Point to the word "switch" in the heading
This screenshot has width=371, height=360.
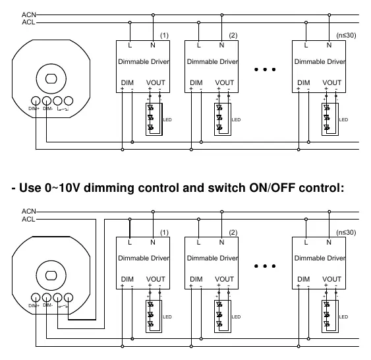click(227, 188)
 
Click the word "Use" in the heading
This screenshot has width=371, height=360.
click(30, 188)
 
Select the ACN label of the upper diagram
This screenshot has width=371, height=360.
click(29, 15)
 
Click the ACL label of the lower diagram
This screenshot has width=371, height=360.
click(28, 219)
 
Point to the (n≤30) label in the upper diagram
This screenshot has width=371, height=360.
click(346, 35)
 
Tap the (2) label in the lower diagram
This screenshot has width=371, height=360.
click(233, 233)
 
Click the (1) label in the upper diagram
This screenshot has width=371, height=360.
click(164, 35)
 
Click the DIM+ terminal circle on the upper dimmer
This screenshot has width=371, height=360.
click(36, 101)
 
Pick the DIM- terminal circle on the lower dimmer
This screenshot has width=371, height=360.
click(47, 297)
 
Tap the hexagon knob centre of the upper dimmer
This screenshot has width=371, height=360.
click(51, 78)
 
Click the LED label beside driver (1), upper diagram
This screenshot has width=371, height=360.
click(167, 120)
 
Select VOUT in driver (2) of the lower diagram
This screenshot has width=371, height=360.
click(224, 279)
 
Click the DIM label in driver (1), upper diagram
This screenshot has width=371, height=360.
click(127, 82)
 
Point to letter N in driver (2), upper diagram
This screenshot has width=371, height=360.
click(221, 45)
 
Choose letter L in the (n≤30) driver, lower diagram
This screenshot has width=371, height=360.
click(306, 242)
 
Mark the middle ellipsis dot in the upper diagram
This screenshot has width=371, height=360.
click(265, 69)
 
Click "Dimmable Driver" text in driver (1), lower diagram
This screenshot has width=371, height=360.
click(144, 258)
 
